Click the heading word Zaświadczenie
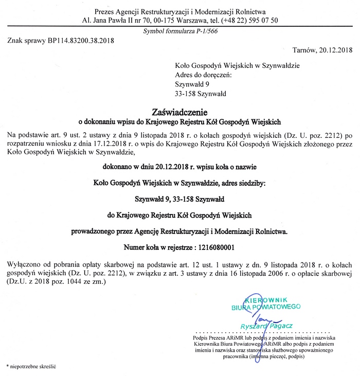click(179, 112)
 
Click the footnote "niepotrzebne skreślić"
click(32, 366)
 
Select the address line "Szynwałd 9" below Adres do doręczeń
click(192, 84)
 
